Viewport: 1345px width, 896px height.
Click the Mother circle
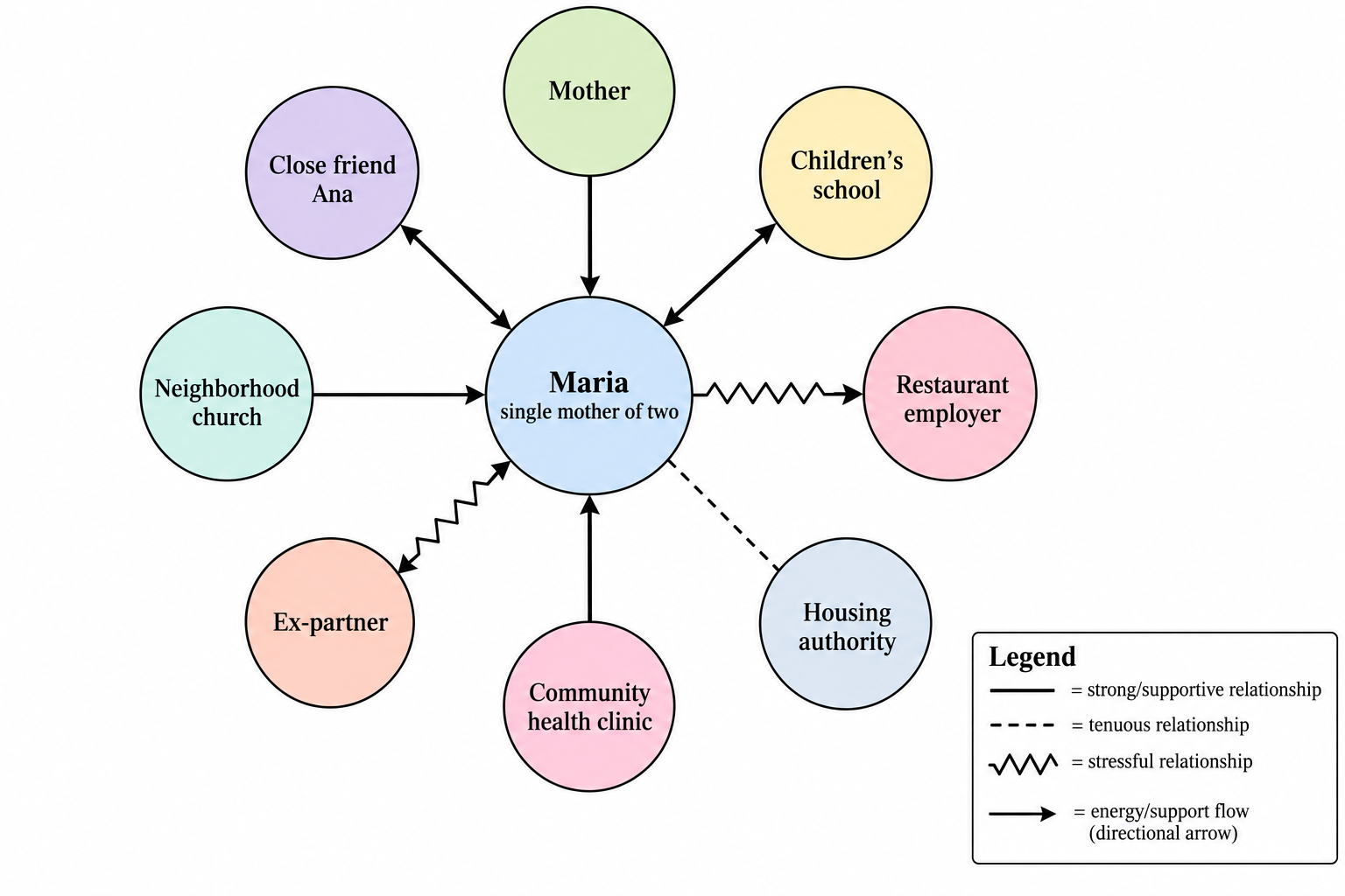point(589,91)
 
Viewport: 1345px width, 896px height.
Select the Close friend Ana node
point(332,173)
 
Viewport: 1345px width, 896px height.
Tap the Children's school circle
point(846,173)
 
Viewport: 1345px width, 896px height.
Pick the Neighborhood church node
point(227,394)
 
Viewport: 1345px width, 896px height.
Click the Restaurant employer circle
point(950,394)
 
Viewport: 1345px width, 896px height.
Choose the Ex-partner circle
point(330,622)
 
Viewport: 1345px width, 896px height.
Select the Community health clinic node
point(589,706)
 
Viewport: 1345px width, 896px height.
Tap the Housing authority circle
point(845,624)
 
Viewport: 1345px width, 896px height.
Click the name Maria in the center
point(588,382)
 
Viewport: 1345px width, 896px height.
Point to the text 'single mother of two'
point(589,412)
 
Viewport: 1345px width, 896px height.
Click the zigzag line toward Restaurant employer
point(778,394)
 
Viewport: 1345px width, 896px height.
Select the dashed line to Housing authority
point(723,514)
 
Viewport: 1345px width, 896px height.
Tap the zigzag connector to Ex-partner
point(454,517)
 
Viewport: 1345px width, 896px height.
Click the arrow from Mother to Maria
point(589,236)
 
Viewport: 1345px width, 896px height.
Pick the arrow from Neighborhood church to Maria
point(398,395)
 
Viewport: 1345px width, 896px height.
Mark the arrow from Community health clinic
point(589,558)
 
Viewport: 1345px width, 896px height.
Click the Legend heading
point(1032,656)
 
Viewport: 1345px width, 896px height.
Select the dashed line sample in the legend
point(1022,725)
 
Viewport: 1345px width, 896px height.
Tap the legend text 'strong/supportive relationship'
point(1204,690)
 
